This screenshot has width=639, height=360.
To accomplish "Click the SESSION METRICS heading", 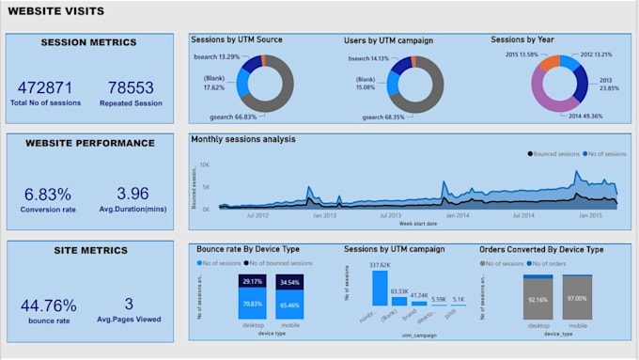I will [x=88, y=42].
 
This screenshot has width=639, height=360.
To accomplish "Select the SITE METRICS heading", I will [x=88, y=251].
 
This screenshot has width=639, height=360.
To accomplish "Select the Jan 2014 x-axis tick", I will [x=458, y=214].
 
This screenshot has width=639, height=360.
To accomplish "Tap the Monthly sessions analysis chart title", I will [x=242, y=139].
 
